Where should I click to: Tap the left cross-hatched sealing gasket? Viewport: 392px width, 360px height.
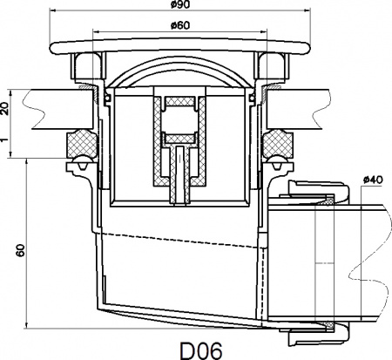[81, 143]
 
